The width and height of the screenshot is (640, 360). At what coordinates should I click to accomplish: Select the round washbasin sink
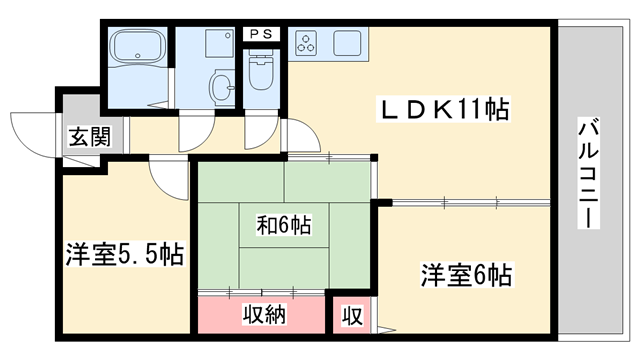pos(218,86)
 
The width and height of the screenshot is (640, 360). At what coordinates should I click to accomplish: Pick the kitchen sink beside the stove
pos(349,44)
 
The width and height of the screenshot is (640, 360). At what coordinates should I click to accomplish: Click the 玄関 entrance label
pos(83,138)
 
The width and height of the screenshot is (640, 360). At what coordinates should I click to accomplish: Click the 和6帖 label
pos(273,224)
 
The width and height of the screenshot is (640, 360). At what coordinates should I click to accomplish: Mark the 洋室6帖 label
pos(465,273)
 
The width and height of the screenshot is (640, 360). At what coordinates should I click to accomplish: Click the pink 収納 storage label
pos(265,315)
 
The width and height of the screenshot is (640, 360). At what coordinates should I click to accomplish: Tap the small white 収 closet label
pos(352,316)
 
